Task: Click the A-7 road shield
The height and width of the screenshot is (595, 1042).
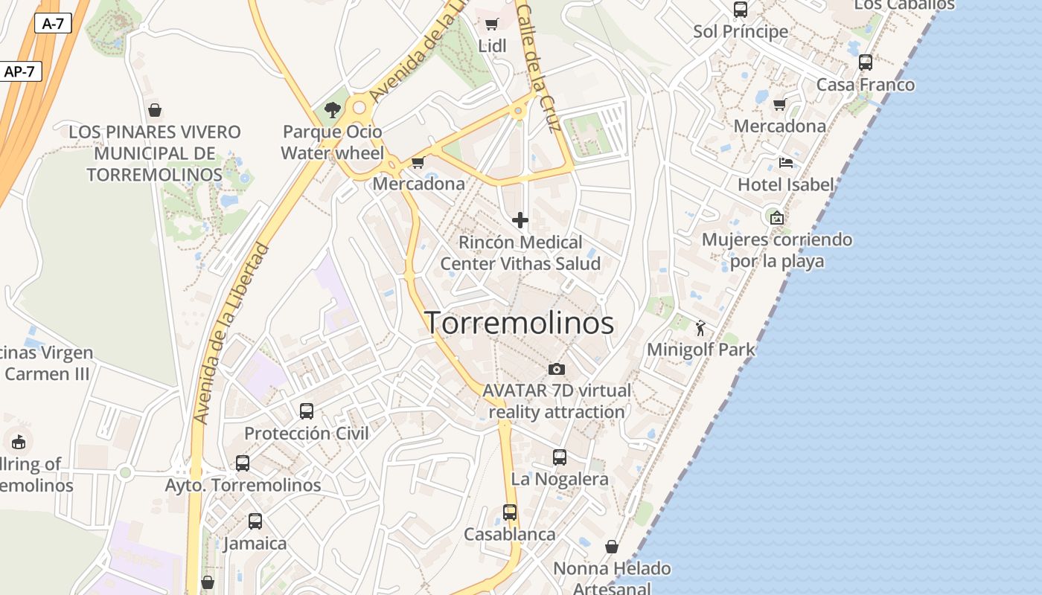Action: pos(53,23)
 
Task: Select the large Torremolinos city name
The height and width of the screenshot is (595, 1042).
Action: pos(519,323)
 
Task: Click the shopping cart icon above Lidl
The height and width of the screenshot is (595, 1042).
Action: pos(491,25)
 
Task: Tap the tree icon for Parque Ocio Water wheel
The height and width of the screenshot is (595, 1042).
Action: pos(332,111)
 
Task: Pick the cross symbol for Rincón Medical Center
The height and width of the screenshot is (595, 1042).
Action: pos(520,220)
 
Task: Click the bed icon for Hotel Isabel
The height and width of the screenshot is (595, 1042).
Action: pos(785,163)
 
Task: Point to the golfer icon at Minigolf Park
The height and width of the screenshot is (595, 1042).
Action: pos(700,327)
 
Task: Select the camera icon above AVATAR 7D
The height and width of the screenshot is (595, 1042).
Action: pos(556,369)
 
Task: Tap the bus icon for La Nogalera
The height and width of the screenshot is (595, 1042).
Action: pos(560,457)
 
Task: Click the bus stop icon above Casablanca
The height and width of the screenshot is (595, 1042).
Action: pos(509,512)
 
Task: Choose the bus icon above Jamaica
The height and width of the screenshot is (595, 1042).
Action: pos(255,521)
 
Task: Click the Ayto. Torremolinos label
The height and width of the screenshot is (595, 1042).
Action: pos(243,486)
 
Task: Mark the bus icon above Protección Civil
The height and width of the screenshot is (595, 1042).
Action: pos(306,411)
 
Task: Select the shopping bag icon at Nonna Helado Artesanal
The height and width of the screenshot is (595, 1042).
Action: pos(611,547)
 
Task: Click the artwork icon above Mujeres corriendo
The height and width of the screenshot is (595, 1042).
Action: pos(776,218)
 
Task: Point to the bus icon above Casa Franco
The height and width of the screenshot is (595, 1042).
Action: pos(865,62)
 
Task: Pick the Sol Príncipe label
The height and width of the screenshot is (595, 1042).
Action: pos(740,32)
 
